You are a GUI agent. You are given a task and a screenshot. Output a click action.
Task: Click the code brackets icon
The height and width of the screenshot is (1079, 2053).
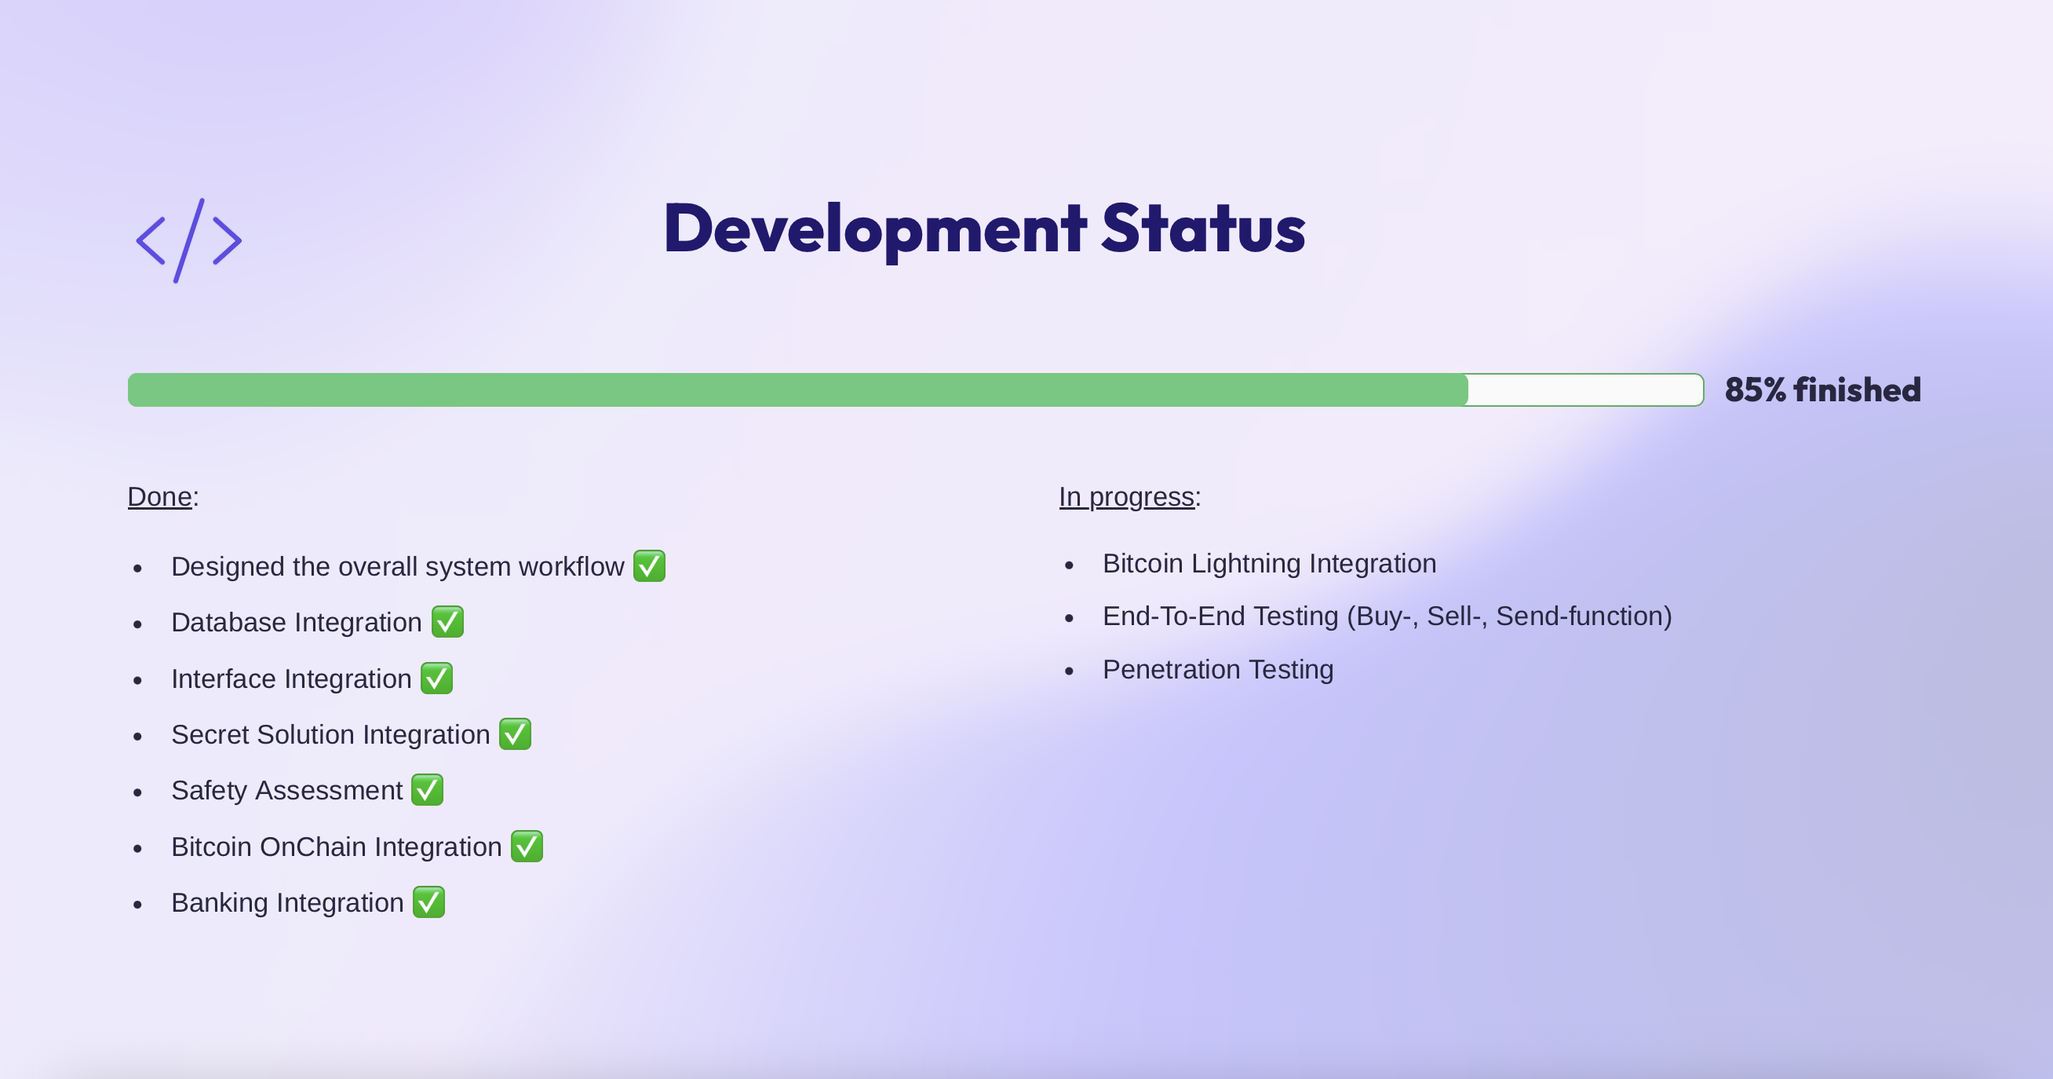click(x=189, y=240)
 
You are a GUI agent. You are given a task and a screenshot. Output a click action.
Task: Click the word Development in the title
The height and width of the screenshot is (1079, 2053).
click(x=873, y=229)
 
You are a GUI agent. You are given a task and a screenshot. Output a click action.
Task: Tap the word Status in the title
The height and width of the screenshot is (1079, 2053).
click(x=1202, y=229)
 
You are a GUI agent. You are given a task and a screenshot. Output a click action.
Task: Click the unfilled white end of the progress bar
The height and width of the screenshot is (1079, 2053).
click(x=1584, y=390)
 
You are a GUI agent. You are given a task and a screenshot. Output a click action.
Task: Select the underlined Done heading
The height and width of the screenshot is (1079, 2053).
click(x=159, y=497)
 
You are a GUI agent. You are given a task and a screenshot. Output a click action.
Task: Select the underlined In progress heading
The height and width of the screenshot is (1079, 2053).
click(x=1126, y=497)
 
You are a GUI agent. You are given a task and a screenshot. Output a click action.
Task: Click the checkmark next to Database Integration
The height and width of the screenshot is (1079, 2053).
click(x=447, y=622)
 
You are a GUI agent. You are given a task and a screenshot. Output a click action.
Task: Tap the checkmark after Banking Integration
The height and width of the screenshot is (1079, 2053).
click(x=428, y=903)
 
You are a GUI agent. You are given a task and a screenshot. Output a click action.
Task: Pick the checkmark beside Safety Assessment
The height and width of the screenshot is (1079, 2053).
click(x=427, y=790)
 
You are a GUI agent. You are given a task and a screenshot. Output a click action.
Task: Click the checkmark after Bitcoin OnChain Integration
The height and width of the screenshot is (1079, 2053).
click(x=527, y=846)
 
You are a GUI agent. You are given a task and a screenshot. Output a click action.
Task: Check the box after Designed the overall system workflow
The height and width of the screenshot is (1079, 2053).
click(x=650, y=566)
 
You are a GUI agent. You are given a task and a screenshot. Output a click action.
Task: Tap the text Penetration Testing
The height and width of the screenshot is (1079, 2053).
click(x=1217, y=670)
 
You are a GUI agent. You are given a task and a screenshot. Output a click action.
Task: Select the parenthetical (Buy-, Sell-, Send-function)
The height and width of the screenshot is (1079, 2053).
click(x=1508, y=616)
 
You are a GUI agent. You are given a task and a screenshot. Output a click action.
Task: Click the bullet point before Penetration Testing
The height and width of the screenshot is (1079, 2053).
click(x=1070, y=671)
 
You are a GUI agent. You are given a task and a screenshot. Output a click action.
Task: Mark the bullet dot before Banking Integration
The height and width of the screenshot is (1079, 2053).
click(x=138, y=905)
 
